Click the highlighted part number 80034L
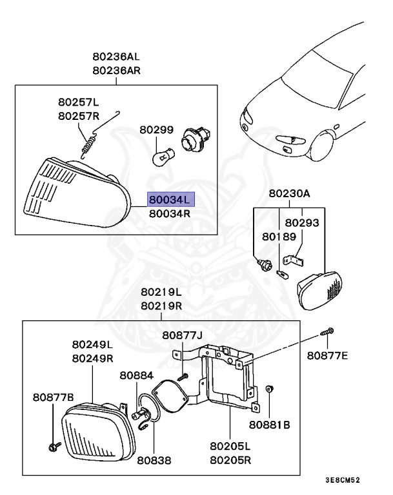(x=170, y=200)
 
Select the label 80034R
(x=170, y=213)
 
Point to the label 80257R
(x=79, y=116)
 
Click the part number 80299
(x=157, y=130)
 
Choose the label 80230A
(x=290, y=193)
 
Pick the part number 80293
(x=302, y=222)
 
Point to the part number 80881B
(x=270, y=425)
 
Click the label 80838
(x=154, y=460)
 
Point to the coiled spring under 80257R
(x=90, y=142)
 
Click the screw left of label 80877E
(x=326, y=331)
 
